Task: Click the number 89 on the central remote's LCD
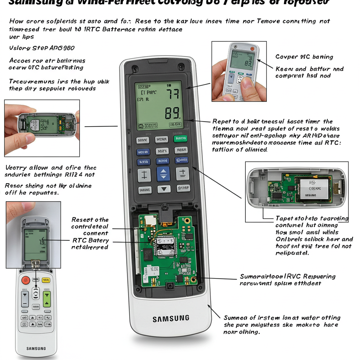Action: coord(173,113)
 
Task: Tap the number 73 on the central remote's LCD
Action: coord(172,94)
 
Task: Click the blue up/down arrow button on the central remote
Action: coord(163,174)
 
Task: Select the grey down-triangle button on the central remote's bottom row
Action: coord(163,189)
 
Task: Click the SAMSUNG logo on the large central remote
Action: coord(171,319)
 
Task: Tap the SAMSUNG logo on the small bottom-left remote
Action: coord(36,348)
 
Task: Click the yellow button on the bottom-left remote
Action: coord(46,280)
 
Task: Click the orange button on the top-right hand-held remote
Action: coord(252,49)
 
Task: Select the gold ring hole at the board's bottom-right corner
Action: coord(193,279)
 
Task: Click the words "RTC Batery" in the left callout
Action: coord(90,240)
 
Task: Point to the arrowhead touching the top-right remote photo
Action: coord(258,60)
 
